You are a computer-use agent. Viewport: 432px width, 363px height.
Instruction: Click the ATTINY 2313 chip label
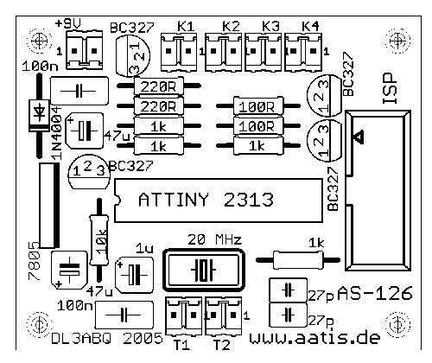pos(206,200)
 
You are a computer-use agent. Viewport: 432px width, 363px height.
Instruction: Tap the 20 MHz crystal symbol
pos(204,270)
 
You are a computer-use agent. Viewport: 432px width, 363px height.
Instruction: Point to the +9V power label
pos(68,22)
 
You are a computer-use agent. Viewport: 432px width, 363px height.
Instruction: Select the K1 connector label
pos(186,27)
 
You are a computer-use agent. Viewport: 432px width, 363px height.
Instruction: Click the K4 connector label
pos(310,27)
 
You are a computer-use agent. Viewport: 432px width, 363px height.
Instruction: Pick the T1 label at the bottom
pos(181,345)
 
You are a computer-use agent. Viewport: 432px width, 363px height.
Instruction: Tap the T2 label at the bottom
pos(221,345)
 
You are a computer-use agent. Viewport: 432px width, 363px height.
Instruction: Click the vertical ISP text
pos(390,88)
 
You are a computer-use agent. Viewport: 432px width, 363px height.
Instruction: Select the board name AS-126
pos(375,294)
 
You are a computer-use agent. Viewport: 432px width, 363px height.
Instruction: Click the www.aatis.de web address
pos(314,337)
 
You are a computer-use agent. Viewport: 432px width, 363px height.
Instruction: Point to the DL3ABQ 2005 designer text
pos(107,339)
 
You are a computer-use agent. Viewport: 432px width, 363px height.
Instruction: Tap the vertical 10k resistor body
pos(99,239)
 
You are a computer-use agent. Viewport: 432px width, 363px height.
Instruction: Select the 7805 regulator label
pos(35,261)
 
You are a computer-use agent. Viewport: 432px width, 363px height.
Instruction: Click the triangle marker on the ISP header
pos(359,137)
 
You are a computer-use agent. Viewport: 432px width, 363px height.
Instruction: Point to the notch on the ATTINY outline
pos(118,200)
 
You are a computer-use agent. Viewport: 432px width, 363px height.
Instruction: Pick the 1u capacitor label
pos(144,248)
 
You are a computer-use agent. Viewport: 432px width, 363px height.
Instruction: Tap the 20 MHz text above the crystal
pos(215,239)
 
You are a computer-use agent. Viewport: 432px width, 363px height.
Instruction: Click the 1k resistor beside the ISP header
pos(298,260)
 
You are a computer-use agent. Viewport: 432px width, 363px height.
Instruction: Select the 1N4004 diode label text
pos(56,133)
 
